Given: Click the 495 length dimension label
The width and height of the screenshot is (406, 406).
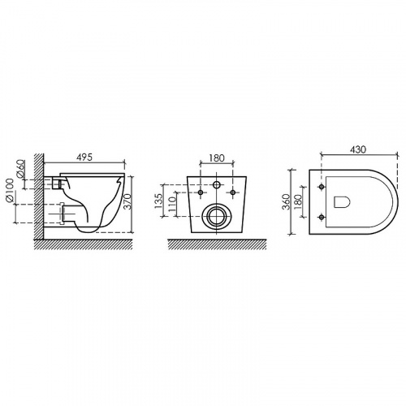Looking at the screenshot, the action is tap(84, 158).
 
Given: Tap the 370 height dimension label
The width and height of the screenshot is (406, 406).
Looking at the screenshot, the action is tap(129, 201).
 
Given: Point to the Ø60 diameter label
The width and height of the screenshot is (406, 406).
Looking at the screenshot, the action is tap(21, 170).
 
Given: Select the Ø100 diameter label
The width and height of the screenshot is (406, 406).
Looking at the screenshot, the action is tap(11, 190).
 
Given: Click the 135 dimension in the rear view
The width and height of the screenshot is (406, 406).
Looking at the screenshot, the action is tap(159, 201).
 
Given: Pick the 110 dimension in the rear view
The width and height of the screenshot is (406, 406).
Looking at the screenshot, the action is tap(171, 204).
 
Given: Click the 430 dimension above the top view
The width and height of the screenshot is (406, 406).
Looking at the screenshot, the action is tap(358, 149).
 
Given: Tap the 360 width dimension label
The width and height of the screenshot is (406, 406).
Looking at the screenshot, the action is tap(286, 202).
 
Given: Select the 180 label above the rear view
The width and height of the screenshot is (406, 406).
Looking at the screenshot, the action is tap(217, 158).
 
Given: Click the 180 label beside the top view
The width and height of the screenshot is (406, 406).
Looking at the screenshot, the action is tap(297, 202).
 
